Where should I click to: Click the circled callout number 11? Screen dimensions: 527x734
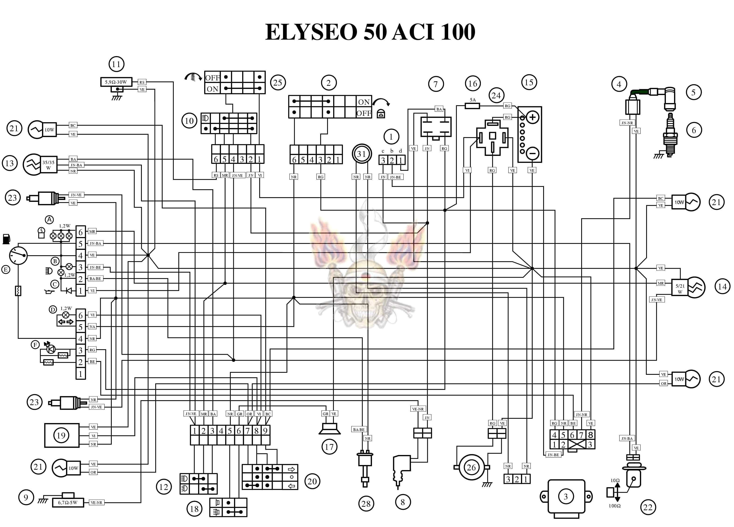[x=116, y=64]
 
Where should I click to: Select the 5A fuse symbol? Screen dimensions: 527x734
[x=472, y=105]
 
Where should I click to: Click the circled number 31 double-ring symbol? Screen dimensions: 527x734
[x=361, y=154]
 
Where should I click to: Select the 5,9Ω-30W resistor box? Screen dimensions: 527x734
[x=116, y=82]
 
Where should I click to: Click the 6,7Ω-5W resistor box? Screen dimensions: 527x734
[x=68, y=503]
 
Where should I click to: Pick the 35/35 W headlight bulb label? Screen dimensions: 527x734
[x=49, y=165]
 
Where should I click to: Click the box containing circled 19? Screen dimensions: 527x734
[x=62, y=435]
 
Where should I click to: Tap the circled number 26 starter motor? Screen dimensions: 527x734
[x=471, y=467]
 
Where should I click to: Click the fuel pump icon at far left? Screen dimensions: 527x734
[x=6, y=239]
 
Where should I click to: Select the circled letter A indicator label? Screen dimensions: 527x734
[x=49, y=220]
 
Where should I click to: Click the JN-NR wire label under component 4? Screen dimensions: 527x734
[x=627, y=123]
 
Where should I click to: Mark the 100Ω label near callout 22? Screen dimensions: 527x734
[x=615, y=506]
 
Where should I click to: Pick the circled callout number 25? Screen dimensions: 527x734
[x=278, y=83]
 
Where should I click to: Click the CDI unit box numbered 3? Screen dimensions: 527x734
[x=566, y=496]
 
